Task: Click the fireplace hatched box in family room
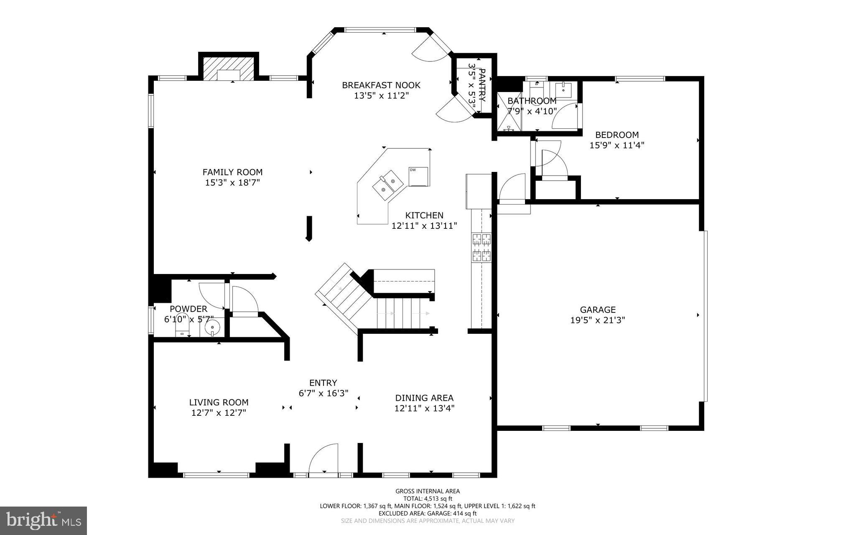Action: [x=228, y=69]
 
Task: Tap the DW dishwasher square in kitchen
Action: [x=418, y=177]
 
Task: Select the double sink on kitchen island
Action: [x=387, y=185]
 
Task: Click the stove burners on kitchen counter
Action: [x=481, y=247]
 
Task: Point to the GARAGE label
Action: [x=598, y=310]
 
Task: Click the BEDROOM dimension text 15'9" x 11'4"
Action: [x=617, y=145]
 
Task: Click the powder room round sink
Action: [x=213, y=328]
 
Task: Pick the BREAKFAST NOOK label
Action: [x=381, y=85]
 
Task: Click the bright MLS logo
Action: [x=43, y=520]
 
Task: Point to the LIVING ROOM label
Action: [x=219, y=402]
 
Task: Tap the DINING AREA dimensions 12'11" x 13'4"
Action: [x=424, y=408]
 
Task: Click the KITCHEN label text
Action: [x=424, y=215]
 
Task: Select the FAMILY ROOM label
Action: [x=232, y=172]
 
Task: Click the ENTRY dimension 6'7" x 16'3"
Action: [x=323, y=393]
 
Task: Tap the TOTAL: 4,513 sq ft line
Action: [x=427, y=499]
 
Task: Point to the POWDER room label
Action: [x=189, y=309]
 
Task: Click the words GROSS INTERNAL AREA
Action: [x=427, y=491]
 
